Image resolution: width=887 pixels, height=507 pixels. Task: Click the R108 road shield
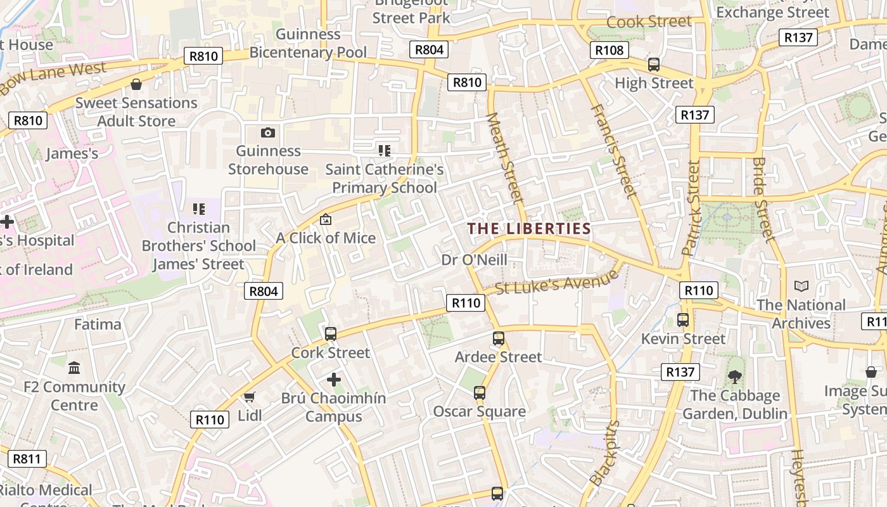(609, 50)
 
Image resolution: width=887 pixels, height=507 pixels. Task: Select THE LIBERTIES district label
(529, 229)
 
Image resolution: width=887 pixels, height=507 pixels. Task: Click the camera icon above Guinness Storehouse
(268, 132)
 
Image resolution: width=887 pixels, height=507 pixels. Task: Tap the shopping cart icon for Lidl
(250, 397)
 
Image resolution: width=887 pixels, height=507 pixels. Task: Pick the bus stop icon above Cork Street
(331, 334)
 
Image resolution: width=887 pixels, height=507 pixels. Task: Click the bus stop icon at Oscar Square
(480, 393)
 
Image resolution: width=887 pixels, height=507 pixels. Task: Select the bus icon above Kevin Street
(683, 320)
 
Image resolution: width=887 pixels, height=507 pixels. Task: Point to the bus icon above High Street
(654, 65)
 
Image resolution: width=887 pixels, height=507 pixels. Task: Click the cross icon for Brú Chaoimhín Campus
(334, 380)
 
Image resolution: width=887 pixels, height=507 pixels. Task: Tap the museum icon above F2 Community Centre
(74, 368)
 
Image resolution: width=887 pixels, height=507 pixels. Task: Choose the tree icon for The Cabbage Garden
(735, 377)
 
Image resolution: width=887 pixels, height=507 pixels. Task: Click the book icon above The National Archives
(801, 286)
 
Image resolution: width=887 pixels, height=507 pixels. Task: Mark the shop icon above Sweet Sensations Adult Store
(136, 84)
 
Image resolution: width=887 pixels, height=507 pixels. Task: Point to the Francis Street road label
(613, 150)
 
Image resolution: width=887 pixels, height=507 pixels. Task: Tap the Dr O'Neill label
(475, 260)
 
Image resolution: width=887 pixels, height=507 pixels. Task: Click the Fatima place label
(98, 324)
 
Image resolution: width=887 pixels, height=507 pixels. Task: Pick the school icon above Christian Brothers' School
(199, 209)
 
